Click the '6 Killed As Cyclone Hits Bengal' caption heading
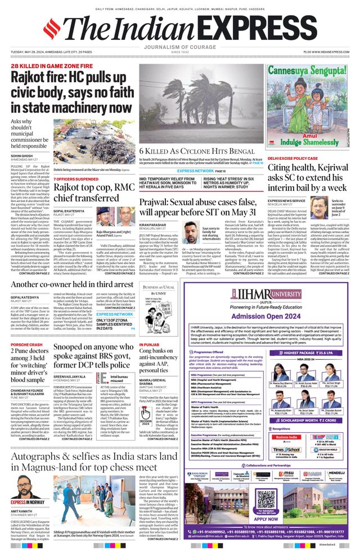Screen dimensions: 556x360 click(190, 151)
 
